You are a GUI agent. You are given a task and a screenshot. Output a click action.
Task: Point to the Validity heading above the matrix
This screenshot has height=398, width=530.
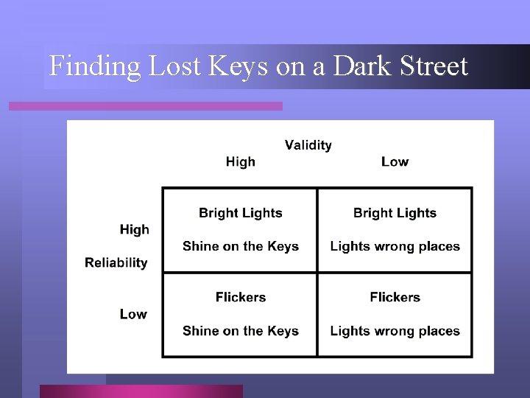308,145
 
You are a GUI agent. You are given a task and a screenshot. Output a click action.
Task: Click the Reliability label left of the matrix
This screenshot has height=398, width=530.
116,262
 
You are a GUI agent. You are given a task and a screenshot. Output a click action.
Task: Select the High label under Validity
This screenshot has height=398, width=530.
241,162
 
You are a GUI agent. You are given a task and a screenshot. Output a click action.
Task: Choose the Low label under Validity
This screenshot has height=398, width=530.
395,162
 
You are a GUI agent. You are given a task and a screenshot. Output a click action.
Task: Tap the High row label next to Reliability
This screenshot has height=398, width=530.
134,230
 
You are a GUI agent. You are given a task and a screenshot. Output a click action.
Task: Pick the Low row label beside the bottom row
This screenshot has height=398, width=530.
133,314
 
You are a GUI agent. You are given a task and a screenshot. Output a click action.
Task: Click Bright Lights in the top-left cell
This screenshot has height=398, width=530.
241,213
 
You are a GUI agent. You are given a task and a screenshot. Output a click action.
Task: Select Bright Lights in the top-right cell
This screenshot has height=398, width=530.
395,213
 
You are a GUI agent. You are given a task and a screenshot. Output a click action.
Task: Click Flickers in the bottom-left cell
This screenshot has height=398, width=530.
241,297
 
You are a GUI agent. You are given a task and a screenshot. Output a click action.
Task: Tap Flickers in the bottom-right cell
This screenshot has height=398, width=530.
395,297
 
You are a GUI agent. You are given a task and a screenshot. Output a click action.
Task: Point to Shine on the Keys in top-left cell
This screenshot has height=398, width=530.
241,246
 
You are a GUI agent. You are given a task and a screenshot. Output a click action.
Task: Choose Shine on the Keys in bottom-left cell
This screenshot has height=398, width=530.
241,331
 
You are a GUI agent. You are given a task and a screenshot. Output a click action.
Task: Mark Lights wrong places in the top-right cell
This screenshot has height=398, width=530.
395,246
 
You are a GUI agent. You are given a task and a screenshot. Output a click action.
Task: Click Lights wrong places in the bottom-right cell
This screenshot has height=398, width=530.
395,331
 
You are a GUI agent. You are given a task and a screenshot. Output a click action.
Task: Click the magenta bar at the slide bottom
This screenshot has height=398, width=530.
141,391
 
